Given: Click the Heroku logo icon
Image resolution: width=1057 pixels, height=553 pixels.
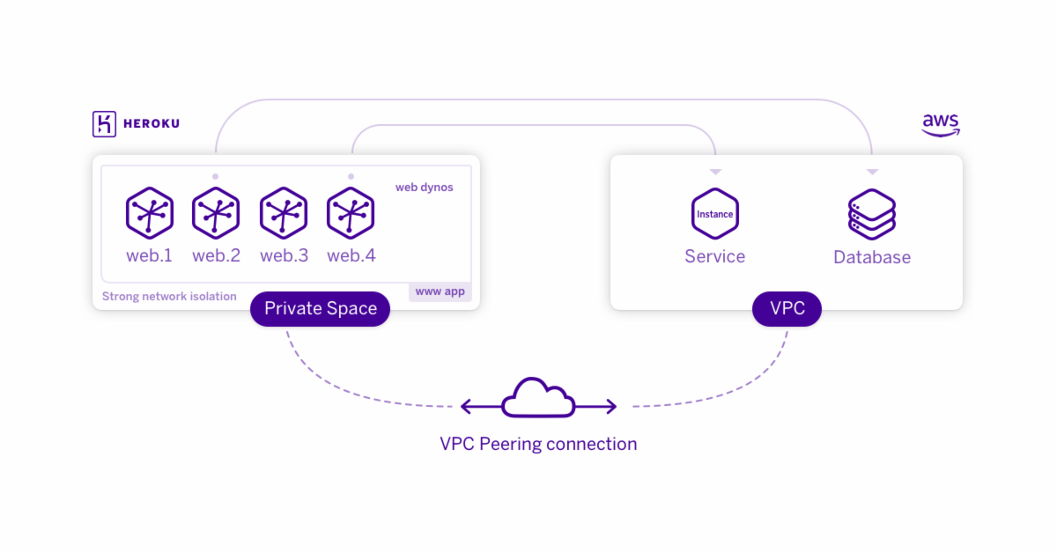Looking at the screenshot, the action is [104, 124].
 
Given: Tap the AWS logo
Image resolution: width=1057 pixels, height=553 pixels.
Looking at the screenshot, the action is [941, 125].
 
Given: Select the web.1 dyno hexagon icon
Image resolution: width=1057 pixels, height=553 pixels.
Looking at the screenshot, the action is [150, 213].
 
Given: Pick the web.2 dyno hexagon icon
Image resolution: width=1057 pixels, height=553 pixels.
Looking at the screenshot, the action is [216, 213].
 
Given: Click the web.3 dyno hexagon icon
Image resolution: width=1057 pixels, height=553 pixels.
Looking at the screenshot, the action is [284, 213].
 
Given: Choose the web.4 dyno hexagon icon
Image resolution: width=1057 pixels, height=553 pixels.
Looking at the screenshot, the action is [351, 213].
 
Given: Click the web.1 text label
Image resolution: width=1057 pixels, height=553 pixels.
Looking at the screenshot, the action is [149, 255].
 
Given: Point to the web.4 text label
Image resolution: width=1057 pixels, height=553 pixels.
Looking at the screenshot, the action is [351, 255].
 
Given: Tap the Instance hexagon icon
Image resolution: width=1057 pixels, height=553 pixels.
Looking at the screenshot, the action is [715, 214].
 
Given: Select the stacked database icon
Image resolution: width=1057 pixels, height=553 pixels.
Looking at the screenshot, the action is [872, 214].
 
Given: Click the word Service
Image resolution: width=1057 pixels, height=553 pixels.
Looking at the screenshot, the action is [715, 256].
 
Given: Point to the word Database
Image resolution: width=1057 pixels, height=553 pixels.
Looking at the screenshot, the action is [872, 257].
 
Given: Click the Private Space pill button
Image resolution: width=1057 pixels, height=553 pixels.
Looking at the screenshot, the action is [321, 308].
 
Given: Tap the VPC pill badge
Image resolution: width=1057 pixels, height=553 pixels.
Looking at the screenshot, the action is [787, 308].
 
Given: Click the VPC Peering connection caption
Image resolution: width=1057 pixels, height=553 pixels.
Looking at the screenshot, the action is [538, 444].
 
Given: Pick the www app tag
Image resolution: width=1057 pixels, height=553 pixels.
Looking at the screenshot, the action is [440, 291].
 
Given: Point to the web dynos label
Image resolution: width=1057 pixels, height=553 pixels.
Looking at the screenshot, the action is [425, 188].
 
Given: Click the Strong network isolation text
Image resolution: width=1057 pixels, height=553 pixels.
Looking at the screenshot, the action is [169, 297].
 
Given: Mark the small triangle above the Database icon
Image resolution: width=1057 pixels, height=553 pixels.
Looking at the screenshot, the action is [872, 172].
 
